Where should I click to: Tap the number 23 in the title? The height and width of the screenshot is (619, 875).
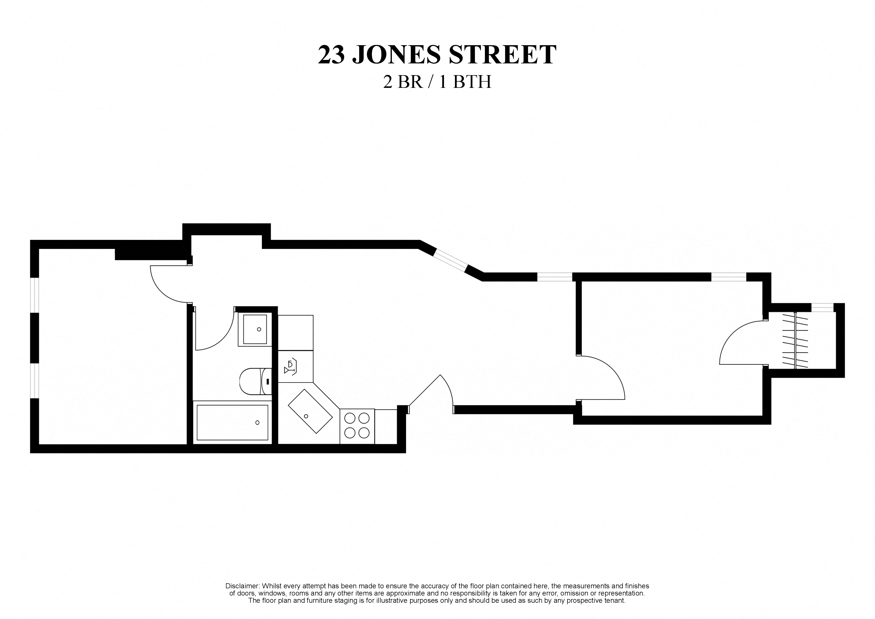[x=331, y=55]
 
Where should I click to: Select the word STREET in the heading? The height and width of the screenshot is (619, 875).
[x=502, y=55]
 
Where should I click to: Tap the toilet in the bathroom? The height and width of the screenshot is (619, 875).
[x=255, y=381]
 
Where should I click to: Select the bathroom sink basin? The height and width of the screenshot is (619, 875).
[x=255, y=329]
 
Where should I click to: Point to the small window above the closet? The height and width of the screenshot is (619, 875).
[x=822, y=308]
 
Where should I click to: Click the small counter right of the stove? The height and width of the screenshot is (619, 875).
[x=386, y=426]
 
